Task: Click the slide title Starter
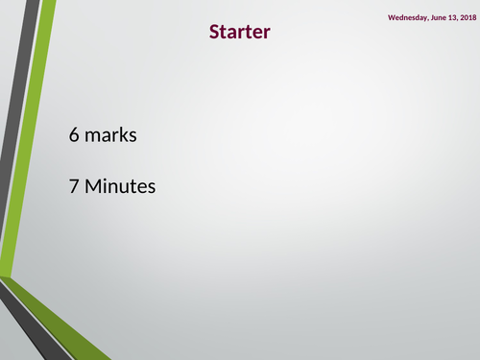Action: pos(240,32)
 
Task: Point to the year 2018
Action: pos(467,17)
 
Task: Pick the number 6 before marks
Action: pos(74,135)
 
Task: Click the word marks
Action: pos(110,135)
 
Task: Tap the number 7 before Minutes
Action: pos(74,186)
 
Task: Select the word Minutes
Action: pos(120,186)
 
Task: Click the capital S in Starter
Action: pos(214,32)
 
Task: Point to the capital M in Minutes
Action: pos(93,186)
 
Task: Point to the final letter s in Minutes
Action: pos(150,187)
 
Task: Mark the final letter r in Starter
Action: pos(267,33)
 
